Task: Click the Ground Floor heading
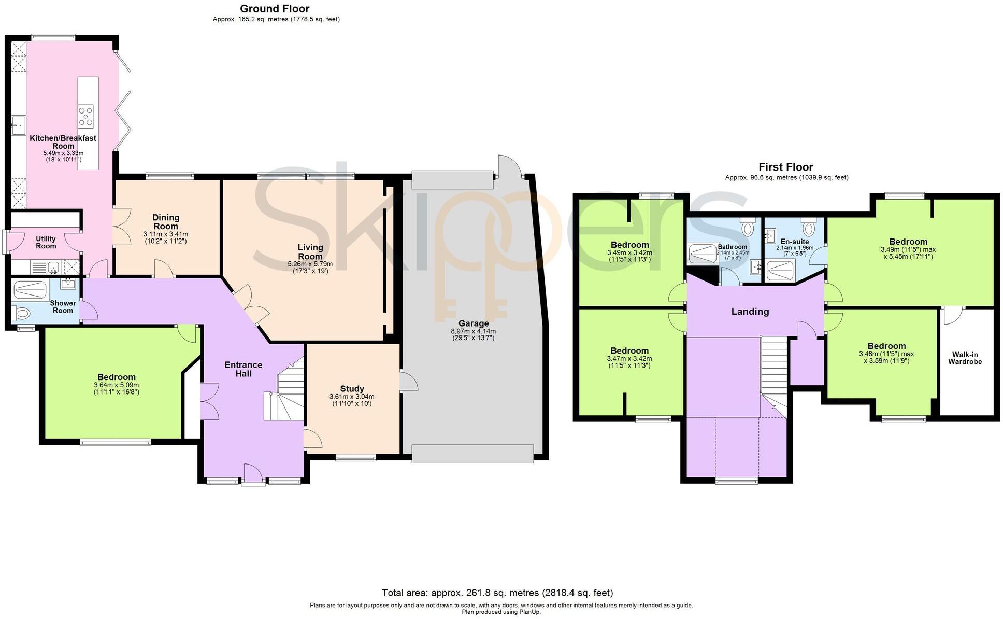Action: point(275,9)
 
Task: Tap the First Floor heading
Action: point(785,167)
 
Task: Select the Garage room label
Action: point(473,323)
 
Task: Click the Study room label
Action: point(352,389)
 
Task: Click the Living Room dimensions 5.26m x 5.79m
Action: point(310,264)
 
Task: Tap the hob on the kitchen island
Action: point(86,116)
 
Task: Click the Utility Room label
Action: point(46,242)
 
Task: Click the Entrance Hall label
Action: point(243,369)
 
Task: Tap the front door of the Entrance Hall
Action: point(253,475)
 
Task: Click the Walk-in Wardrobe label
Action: point(965,358)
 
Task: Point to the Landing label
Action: point(750,312)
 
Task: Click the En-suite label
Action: point(794,242)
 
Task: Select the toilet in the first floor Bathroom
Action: point(748,228)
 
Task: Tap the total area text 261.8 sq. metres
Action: point(497,593)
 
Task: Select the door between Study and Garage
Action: point(408,382)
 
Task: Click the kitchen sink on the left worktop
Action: point(18,125)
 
